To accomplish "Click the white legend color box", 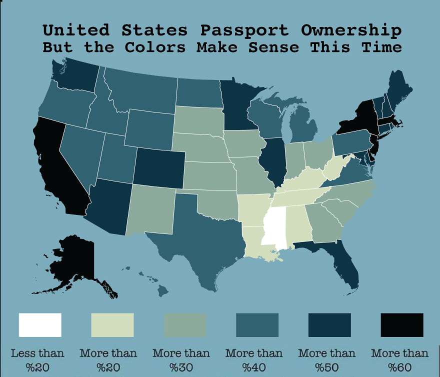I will click(x=40, y=325).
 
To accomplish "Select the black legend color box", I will click(x=402, y=325).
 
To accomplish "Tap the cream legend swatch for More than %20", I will click(x=112, y=325).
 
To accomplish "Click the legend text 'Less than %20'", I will click(x=37, y=360).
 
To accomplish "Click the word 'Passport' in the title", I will click(x=244, y=30).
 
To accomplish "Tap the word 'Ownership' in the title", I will click(x=351, y=30).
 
